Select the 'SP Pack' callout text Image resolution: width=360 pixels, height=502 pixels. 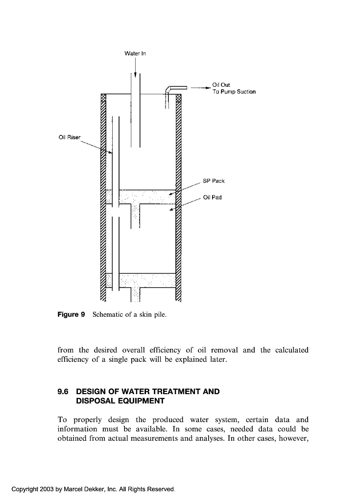(214, 181)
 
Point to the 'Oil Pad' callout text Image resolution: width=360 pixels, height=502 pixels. (212, 198)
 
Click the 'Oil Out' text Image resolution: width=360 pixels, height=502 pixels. (218, 85)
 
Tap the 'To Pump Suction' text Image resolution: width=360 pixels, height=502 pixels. (234, 92)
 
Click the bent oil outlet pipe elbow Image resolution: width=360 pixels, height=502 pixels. (168, 88)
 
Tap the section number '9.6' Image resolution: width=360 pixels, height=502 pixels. (64, 392)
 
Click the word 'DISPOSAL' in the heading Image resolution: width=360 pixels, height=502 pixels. (96, 401)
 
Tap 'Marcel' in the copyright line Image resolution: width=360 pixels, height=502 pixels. (73, 489)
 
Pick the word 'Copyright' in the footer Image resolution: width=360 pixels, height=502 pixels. (24, 489)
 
